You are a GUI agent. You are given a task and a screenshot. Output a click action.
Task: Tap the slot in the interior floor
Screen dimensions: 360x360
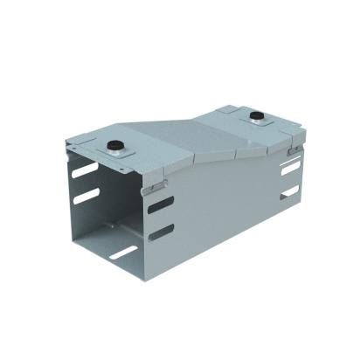pos(123,253)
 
